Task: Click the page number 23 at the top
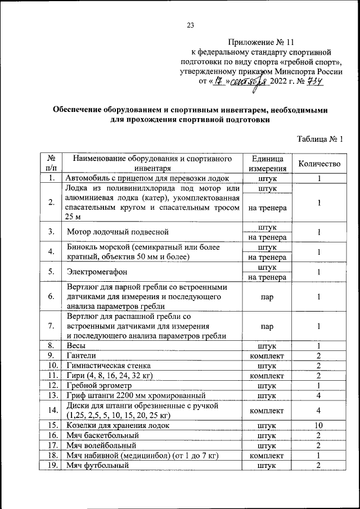tap(190, 25)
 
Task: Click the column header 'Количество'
tap(318, 164)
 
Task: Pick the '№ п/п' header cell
tap(51, 164)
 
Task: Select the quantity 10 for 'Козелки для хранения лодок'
tap(318, 425)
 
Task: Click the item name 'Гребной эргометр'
tap(98, 386)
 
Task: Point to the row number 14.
tap(51, 410)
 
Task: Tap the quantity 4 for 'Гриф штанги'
tap(318, 396)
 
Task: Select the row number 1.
tap(51, 178)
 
